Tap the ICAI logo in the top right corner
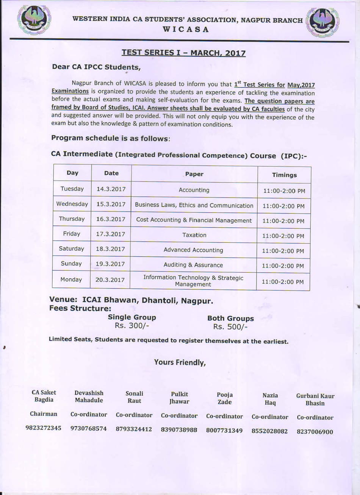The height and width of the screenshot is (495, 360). [x=322, y=22]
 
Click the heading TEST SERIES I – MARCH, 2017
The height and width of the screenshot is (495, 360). [x=183, y=53]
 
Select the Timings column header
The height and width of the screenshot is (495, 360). [x=284, y=175]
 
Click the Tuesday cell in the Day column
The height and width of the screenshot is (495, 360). [x=72, y=189]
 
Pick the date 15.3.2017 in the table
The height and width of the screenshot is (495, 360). [x=111, y=204]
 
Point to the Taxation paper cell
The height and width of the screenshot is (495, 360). [x=194, y=235]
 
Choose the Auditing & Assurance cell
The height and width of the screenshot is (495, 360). [x=193, y=265]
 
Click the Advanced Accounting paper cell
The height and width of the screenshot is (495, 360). [x=193, y=250]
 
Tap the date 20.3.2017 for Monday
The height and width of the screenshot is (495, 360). [x=110, y=280]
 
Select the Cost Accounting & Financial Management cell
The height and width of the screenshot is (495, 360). [x=194, y=220]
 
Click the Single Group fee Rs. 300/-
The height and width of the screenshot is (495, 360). [x=131, y=326]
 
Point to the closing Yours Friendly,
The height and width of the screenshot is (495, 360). [x=180, y=362]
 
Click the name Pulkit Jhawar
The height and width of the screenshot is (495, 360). [x=179, y=398]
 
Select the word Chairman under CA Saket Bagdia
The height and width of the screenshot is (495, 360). [x=44, y=414]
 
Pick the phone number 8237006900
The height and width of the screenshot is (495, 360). [x=315, y=432]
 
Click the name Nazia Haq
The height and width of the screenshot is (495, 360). [x=270, y=399]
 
